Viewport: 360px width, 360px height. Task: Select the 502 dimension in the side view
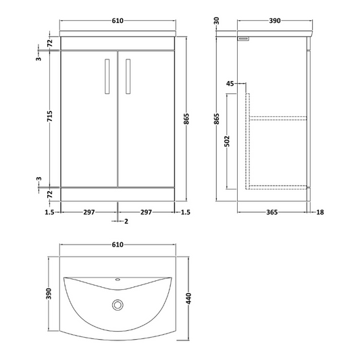[228, 140]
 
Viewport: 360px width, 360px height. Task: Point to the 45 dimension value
[231, 84]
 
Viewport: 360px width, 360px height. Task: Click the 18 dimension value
[320, 212]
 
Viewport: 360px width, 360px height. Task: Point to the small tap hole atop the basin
[119, 279]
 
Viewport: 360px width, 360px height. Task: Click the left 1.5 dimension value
[50, 212]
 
